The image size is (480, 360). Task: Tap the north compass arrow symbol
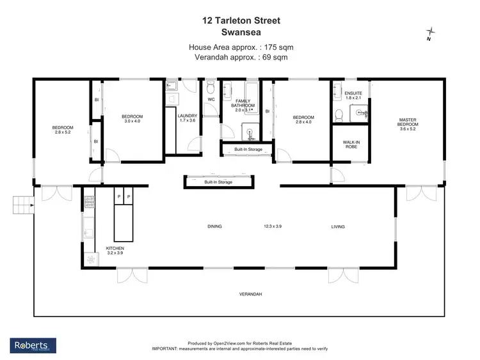point(431,32)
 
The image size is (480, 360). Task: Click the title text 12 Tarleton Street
point(240,20)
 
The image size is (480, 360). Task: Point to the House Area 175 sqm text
point(241,47)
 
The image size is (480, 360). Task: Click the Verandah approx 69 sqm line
point(241,57)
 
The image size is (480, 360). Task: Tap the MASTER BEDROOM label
point(408,121)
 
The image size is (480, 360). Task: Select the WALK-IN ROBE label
point(349,145)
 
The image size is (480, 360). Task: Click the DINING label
point(215,226)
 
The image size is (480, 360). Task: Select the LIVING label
point(338,226)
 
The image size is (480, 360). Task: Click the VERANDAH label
point(250,294)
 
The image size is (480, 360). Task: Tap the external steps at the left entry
point(22,205)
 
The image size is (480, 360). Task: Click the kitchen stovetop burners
point(88,203)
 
